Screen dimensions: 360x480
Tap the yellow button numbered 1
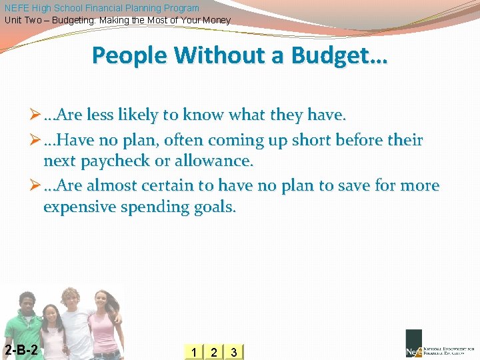tap(193, 352)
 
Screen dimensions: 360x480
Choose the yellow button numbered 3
tap(233, 352)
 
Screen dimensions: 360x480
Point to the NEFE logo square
tap(413, 344)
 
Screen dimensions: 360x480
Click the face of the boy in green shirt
tap(27, 304)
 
